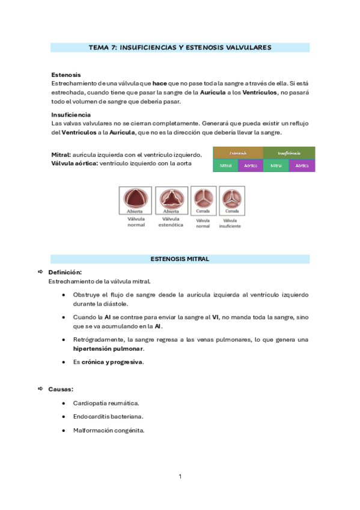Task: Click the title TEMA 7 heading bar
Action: (180, 47)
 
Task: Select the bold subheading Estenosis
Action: (66, 75)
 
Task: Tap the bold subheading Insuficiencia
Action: (71, 114)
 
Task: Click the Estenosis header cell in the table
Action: (238, 153)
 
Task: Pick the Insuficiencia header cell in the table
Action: (289, 153)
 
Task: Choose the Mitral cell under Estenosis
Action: (226, 165)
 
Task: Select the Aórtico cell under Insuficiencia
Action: (302, 165)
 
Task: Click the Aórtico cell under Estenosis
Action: (251, 165)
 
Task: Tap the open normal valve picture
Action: (136, 198)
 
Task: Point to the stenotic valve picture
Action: (171, 198)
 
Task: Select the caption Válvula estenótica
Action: (171, 222)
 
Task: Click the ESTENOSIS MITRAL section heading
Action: (180, 259)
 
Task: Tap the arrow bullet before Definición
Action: (40, 272)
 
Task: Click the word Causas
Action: (61, 389)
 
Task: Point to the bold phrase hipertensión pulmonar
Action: (108, 348)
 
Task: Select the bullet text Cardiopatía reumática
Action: (106, 402)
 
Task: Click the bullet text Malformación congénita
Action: (109, 430)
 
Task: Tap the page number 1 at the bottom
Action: (180, 476)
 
